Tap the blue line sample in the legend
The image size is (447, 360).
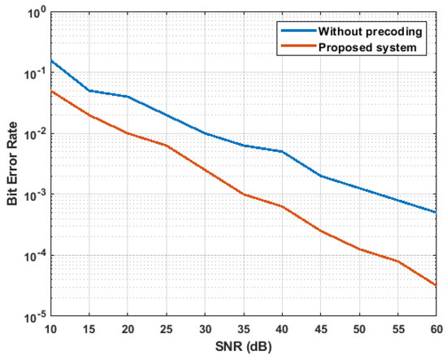(296, 33)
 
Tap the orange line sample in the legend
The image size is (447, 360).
(296, 48)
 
